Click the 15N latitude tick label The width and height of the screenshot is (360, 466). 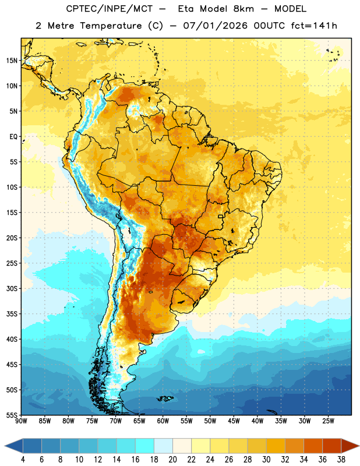(12, 61)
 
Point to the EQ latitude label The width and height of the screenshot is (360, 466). (13, 137)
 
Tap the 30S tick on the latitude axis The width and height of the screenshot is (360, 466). (12, 288)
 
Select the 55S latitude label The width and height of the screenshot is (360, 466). (12, 415)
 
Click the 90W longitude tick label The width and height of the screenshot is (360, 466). (21, 421)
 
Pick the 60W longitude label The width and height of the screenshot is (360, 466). (163, 421)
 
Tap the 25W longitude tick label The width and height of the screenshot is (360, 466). (328, 421)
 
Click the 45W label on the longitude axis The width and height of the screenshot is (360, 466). (234, 421)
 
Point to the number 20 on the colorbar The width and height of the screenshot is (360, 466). (172, 460)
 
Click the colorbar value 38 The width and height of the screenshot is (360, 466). (341, 460)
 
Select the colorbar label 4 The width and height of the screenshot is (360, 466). (23, 460)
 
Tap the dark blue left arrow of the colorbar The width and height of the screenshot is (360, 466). (14, 446)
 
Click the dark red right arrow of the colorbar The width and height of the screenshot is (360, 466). (350, 446)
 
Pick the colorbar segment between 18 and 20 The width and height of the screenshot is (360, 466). (163, 446)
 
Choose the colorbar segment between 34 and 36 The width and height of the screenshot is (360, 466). (313, 446)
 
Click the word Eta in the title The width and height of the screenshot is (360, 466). (186, 9)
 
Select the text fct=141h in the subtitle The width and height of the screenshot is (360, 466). (314, 26)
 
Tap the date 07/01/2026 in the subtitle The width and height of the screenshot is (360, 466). (215, 26)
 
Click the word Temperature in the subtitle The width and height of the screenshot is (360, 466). (111, 26)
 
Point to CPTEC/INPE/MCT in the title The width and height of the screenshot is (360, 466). (110, 9)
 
